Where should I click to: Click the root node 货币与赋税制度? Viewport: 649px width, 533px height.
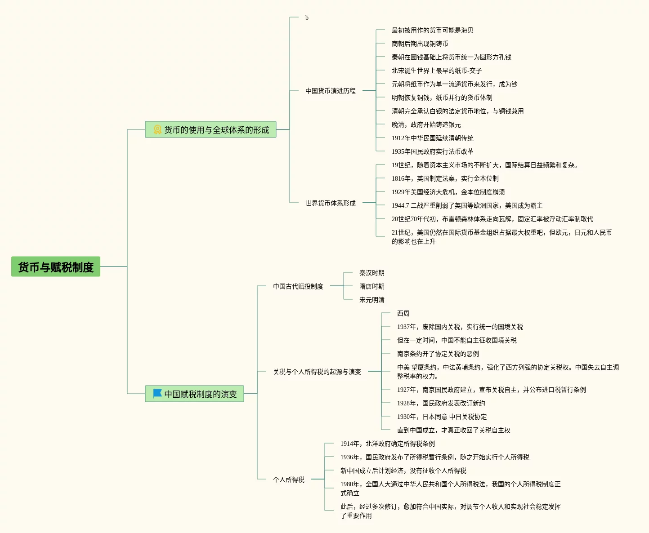[x=56, y=267]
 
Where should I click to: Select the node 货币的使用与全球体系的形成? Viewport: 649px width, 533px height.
[x=216, y=130]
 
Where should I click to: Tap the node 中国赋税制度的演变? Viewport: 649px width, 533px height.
[x=200, y=394]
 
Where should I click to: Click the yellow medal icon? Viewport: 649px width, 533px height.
[x=157, y=129]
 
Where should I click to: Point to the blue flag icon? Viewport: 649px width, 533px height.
[x=157, y=394]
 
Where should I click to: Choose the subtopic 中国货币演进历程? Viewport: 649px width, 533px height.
[x=331, y=91]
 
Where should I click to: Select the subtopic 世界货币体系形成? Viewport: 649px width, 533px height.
[x=331, y=203]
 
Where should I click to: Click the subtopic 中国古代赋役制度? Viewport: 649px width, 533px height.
[x=298, y=286]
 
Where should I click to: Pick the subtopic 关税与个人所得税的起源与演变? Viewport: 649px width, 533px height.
[x=317, y=372]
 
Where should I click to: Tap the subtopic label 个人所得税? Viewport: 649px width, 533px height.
[x=289, y=480]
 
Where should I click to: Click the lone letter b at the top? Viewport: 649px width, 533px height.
[x=307, y=18]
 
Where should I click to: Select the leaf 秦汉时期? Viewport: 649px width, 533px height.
[x=371, y=273]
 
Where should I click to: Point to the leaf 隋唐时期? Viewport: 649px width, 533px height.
[x=371, y=286]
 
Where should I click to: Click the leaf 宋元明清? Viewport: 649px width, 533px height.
[x=371, y=300]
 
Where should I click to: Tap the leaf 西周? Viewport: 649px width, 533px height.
[x=403, y=313]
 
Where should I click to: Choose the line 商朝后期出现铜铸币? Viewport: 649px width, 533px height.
[x=420, y=44]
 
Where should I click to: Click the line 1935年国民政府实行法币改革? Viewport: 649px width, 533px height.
[x=432, y=151]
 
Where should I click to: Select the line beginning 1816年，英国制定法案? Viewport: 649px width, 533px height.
[x=445, y=178]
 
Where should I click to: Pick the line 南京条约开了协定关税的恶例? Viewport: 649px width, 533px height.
[x=438, y=354]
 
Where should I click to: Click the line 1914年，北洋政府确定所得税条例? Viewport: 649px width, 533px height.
[x=387, y=444]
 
